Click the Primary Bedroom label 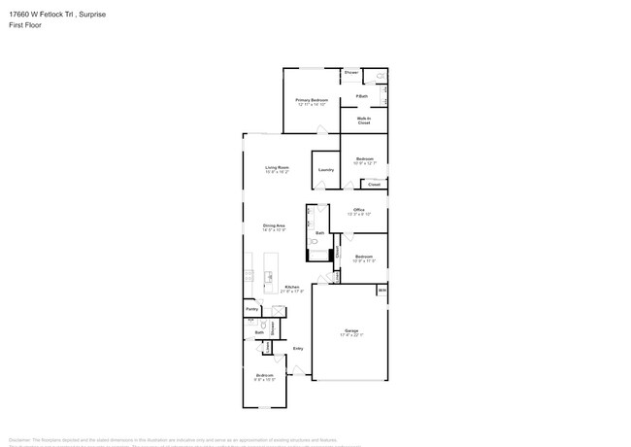pyautogui.click(x=312, y=100)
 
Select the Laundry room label pyautogui.click(x=326, y=170)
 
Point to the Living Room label pyautogui.click(x=278, y=167)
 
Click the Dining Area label pyautogui.click(x=274, y=225)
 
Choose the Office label pyautogui.click(x=358, y=210)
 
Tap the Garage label pyautogui.click(x=350, y=331)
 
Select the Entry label pyautogui.click(x=298, y=348)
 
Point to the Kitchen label pyautogui.click(x=291, y=287)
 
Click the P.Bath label pyautogui.click(x=361, y=95)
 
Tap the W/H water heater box pyautogui.click(x=382, y=289)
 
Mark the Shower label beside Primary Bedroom pyautogui.click(x=350, y=73)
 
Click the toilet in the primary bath pyautogui.click(x=382, y=76)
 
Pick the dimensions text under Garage pyautogui.click(x=350, y=336)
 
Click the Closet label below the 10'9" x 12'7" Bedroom pyautogui.click(x=374, y=184)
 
